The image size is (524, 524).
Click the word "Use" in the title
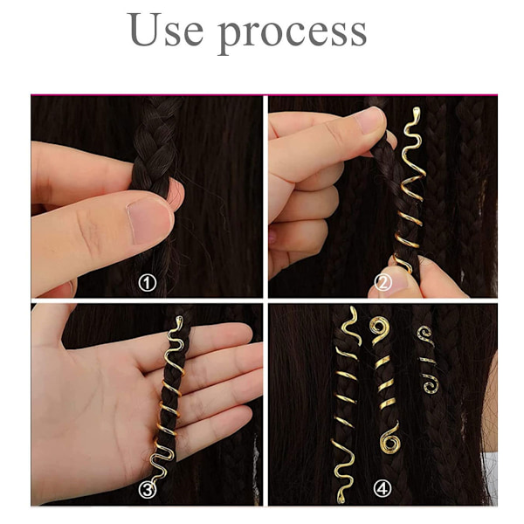165,30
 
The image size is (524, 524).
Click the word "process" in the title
293,34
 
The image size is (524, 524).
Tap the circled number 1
148,283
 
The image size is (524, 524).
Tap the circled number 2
383,283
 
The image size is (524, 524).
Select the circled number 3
148,490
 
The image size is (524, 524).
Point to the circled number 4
383,489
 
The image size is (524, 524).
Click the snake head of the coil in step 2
416,113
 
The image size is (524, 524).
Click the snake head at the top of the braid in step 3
179,321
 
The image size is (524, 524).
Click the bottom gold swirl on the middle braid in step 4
390,438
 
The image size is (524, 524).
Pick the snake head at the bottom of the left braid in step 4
341,499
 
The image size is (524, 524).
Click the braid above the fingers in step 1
155,141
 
